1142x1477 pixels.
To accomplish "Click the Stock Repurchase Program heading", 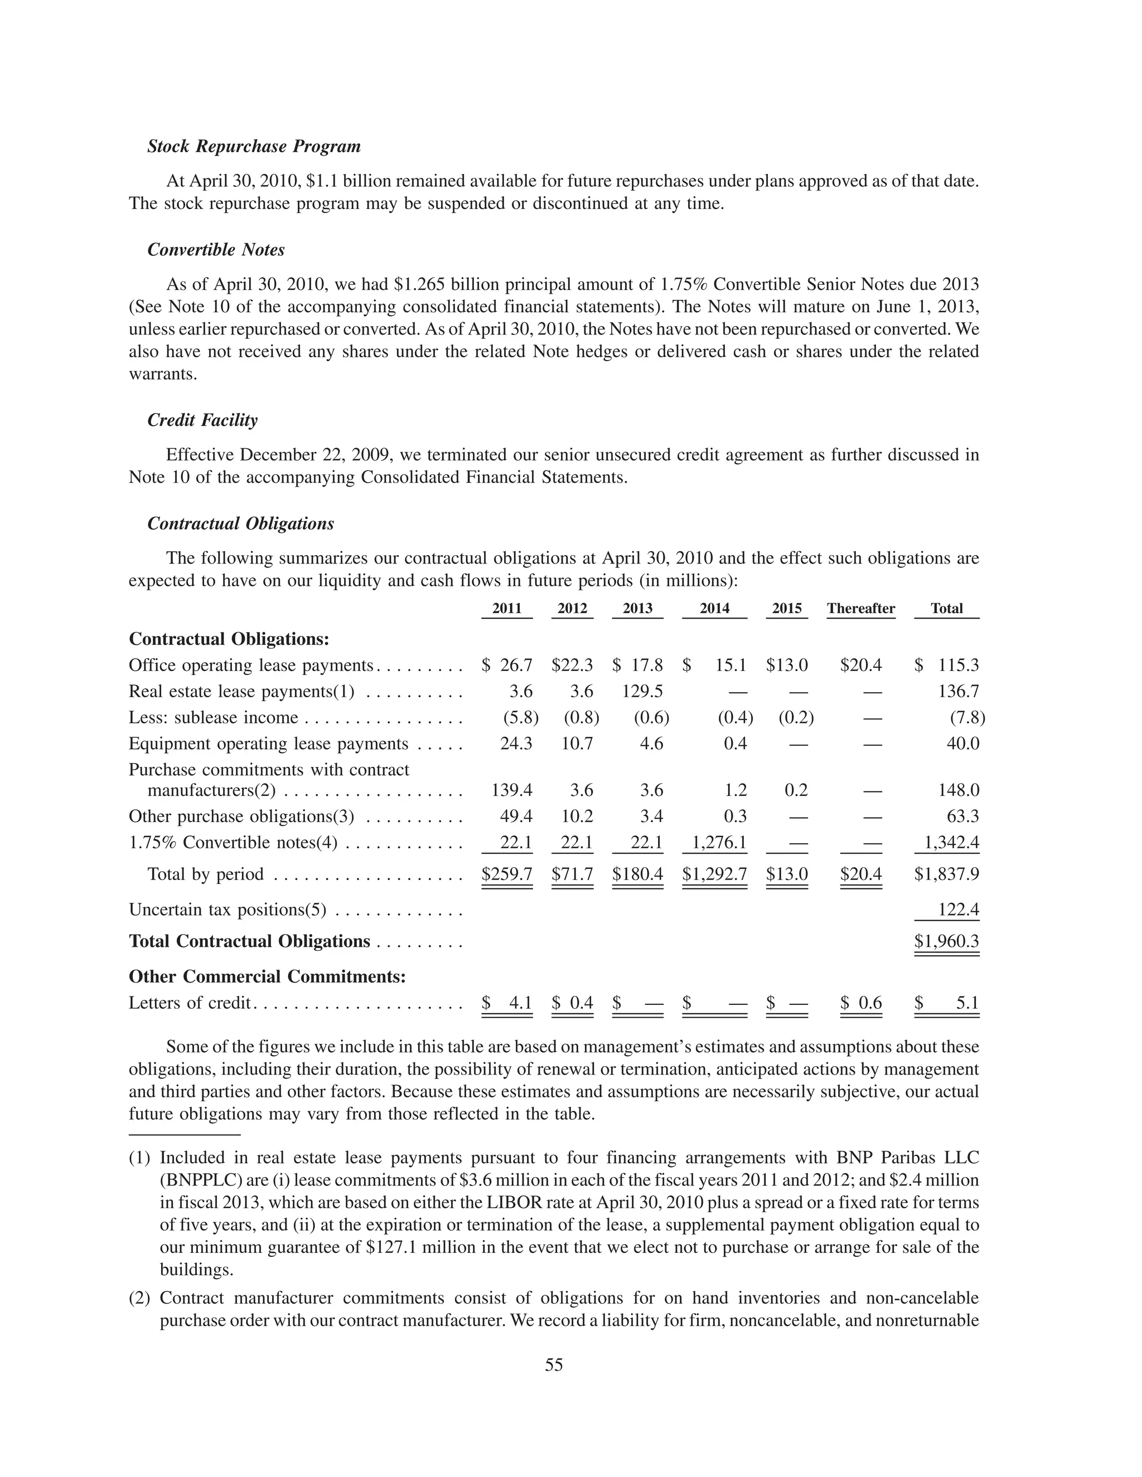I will click(254, 147).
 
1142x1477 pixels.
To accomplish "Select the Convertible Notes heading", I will click(216, 250).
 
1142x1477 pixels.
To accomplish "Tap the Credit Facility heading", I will click(202, 421).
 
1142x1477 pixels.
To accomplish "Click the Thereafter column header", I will click(860, 609).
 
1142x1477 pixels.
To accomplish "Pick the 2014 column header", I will click(714, 609).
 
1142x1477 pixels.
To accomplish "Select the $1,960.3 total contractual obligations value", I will click(946, 942).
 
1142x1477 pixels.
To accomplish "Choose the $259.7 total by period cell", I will click(507, 874).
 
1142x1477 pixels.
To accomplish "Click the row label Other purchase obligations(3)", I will click(241, 817).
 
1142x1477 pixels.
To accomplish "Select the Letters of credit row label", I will click(190, 1003).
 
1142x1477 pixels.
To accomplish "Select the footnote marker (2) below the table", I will click(140, 1299).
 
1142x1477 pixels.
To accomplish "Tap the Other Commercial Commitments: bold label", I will click(267, 977).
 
